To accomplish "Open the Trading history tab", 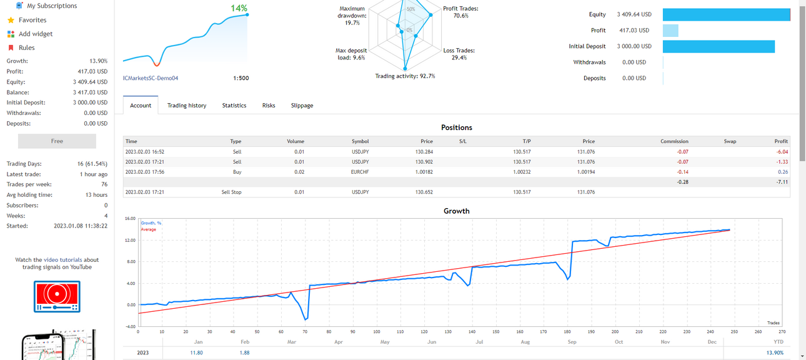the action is [x=187, y=106].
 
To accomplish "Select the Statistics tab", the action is [x=234, y=106].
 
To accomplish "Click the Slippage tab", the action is [x=302, y=106].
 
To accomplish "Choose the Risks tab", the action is [x=269, y=106].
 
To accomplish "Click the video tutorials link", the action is [x=63, y=260].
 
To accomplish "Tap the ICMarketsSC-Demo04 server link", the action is [x=151, y=78].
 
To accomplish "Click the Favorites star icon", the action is [x=11, y=20].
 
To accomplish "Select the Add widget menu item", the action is [x=36, y=34].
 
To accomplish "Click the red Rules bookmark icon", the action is [x=11, y=48].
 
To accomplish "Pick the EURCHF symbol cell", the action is [x=360, y=172].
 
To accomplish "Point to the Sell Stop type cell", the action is [x=231, y=192].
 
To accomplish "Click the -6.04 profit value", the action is [x=782, y=152].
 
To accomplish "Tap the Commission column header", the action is [x=674, y=141].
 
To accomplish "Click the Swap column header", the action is [x=730, y=141].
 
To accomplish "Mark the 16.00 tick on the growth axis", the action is [x=130, y=219].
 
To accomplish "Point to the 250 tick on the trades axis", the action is [x=734, y=331].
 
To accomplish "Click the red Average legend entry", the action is [x=148, y=229].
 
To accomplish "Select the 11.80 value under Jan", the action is [x=196, y=352].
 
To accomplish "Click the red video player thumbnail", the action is [x=57, y=297].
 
